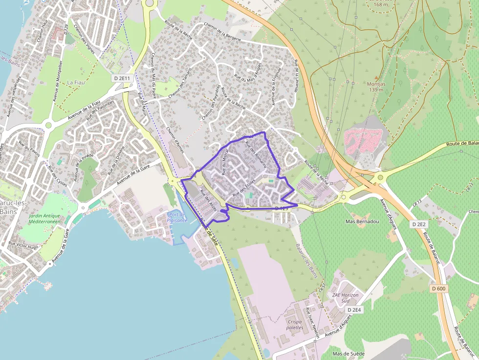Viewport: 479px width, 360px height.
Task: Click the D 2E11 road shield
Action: point(123,78)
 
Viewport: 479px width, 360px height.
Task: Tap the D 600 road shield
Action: point(439,289)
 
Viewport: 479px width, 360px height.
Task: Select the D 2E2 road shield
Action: point(419,224)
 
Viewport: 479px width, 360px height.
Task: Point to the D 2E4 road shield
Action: point(354,310)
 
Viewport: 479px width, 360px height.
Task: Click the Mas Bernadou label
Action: point(362,222)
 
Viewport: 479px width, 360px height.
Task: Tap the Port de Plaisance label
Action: point(177,217)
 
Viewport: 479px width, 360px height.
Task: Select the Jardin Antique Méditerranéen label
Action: point(44,218)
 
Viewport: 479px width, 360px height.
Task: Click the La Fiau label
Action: point(76,83)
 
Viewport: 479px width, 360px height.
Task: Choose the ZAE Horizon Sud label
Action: point(345,298)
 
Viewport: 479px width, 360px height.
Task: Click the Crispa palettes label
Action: point(295,325)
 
